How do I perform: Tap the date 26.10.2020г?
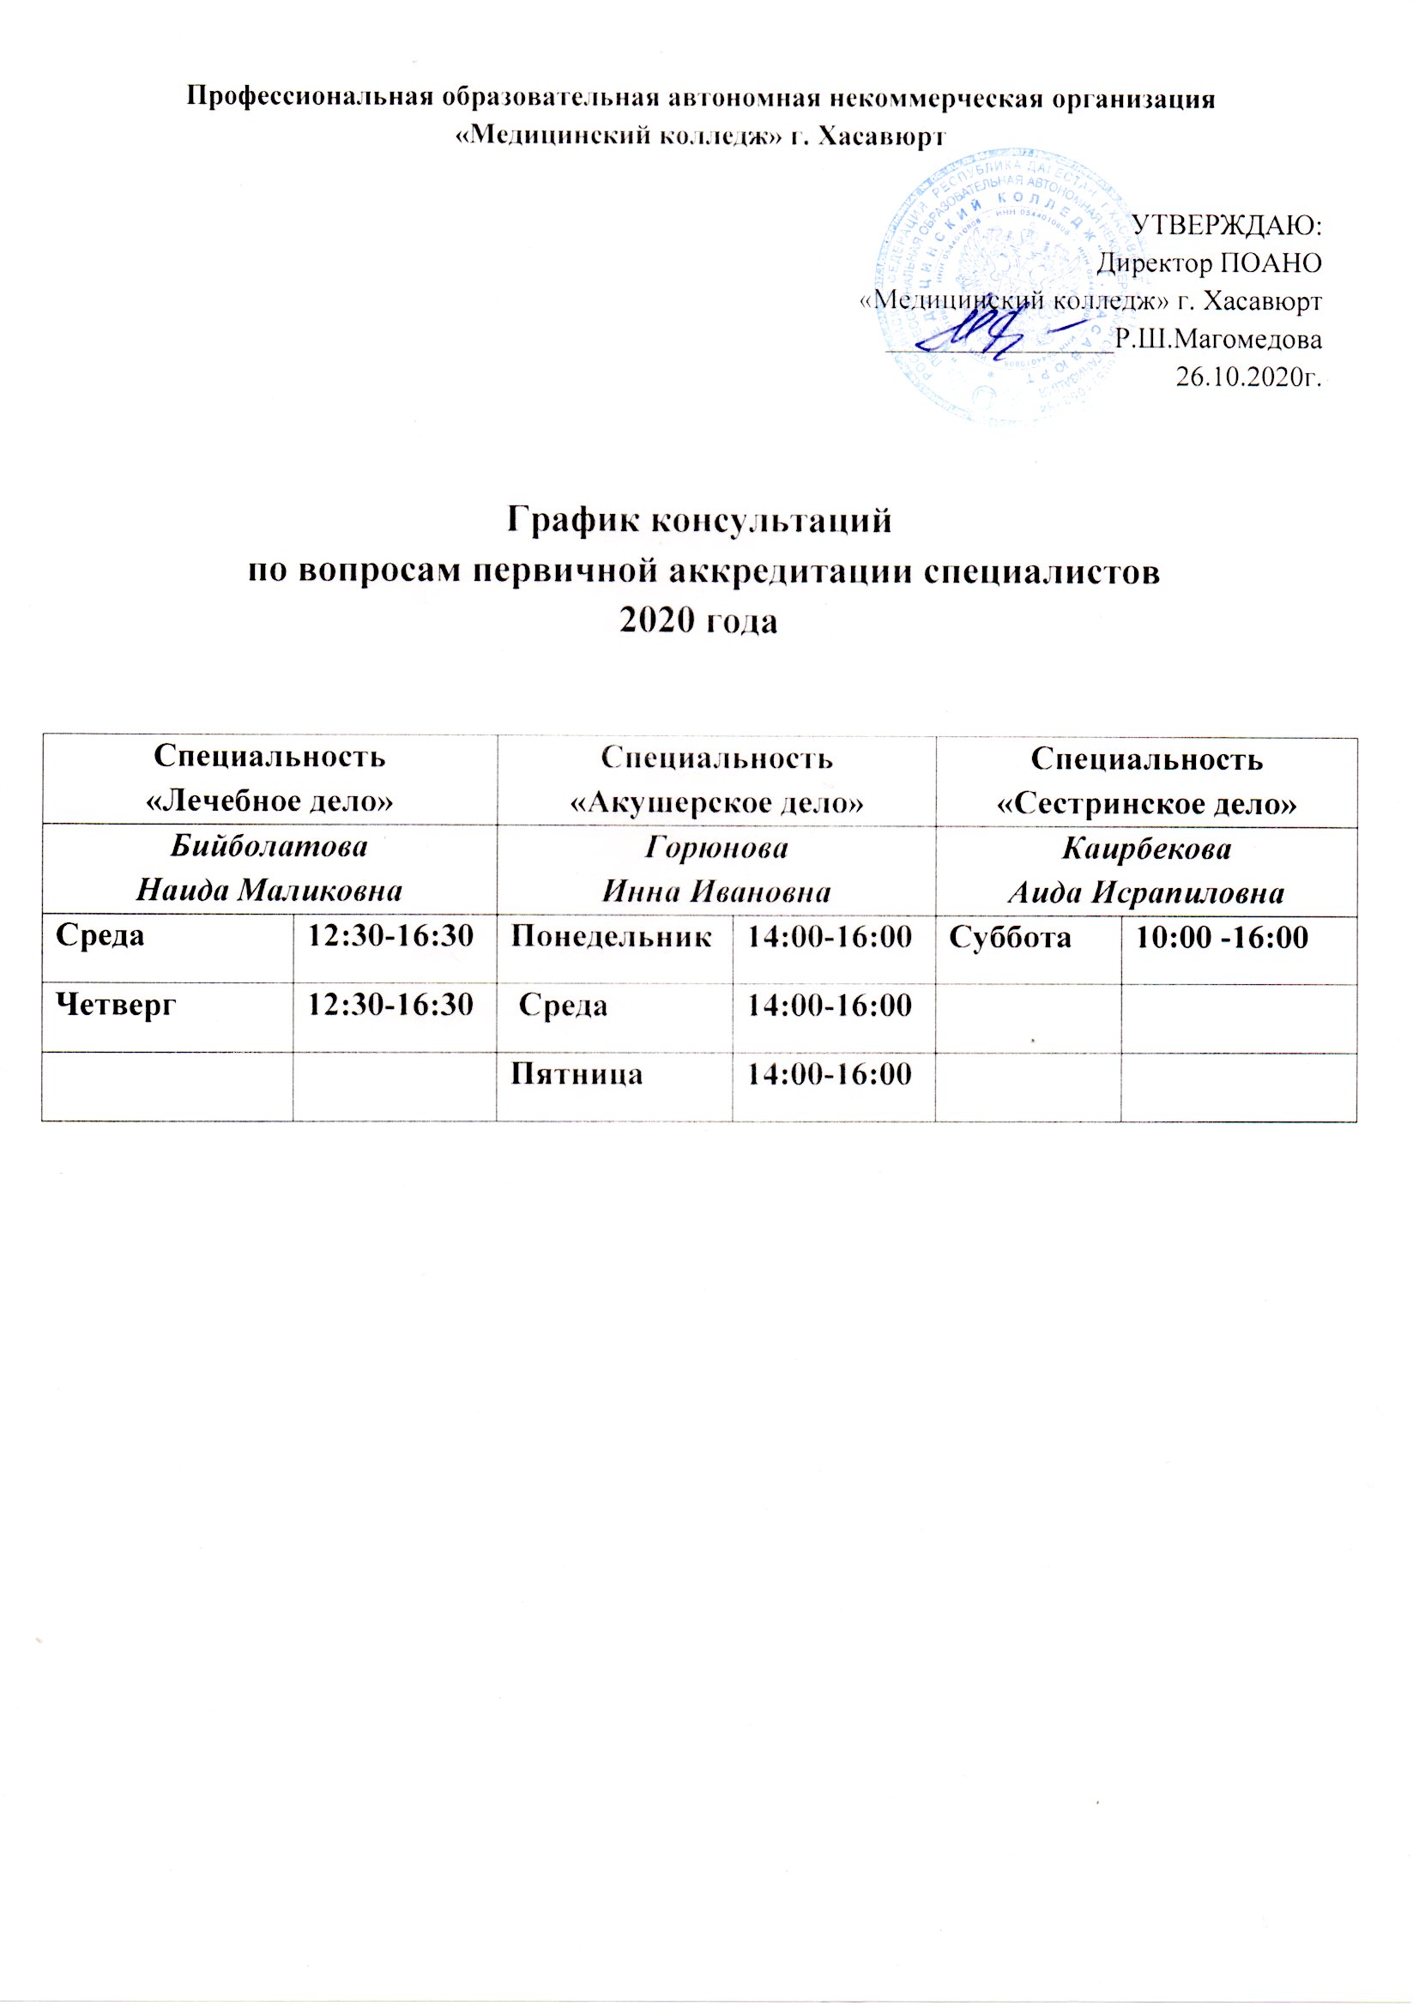point(1248,377)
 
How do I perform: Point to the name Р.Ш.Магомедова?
point(1219,338)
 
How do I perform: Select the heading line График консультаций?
point(700,521)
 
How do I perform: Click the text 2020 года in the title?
point(698,620)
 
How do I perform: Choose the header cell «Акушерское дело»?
point(716,802)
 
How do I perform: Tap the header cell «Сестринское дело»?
point(1146,803)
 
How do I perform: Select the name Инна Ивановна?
point(716,892)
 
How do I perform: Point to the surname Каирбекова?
point(1146,849)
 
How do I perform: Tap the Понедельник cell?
point(612,938)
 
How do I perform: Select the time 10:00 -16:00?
point(1221,938)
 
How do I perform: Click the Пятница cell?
point(577,1072)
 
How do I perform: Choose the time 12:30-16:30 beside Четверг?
point(389,1005)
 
